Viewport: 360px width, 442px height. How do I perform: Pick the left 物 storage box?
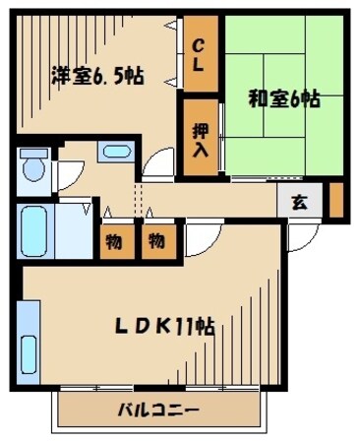tap(115, 241)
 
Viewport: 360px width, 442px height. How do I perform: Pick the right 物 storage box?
tap(156, 241)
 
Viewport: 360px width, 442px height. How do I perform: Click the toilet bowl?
tap(34, 168)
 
